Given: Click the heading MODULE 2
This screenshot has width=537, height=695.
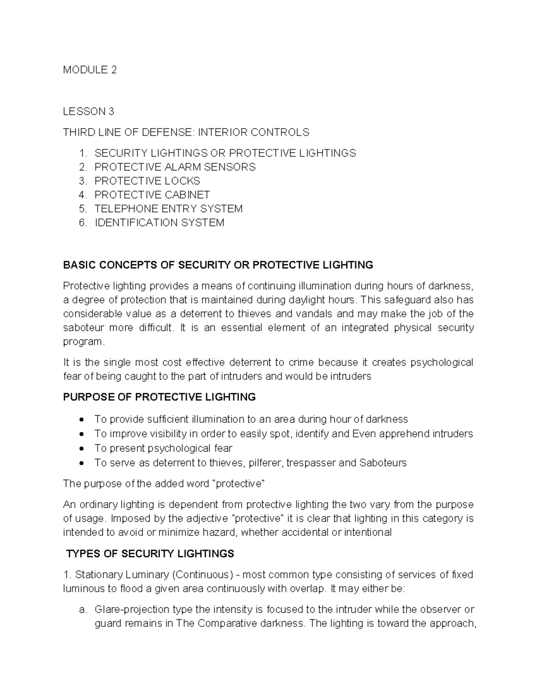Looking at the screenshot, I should (x=89, y=70).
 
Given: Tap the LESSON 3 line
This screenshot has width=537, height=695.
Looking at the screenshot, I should (x=89, y=111).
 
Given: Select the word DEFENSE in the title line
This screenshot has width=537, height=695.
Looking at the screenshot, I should (x=168, y=132).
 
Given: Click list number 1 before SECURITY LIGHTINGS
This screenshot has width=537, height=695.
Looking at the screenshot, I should (x=82, y=153).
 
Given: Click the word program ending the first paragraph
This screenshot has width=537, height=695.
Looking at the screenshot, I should (x=83, y=341).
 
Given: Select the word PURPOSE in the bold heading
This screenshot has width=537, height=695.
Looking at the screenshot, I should (x=85, y=397).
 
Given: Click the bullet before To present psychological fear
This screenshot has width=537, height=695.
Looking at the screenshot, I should (x=81, y=448).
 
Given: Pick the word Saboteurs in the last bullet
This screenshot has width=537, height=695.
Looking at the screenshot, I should (x=383, y=462).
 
